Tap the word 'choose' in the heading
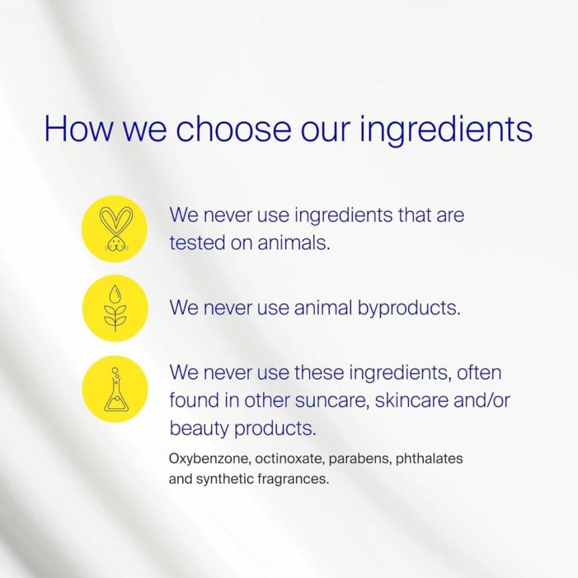click(x=233, y=128)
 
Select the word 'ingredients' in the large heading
click(x=446, y=130)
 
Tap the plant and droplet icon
click(x=115, y=308)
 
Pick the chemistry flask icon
click(x=116, y=389)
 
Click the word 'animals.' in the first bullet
click(x=293, y=243)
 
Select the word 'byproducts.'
click(x=409, y=308)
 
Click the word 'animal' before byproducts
click(x=323, y=307)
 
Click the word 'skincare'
click(x=411, y=400)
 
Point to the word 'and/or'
click(x=482, y=400)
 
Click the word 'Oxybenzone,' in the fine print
click(x=210, y=459)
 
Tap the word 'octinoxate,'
click(x=290, y=459)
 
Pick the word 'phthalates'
click(x=429, y=459)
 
